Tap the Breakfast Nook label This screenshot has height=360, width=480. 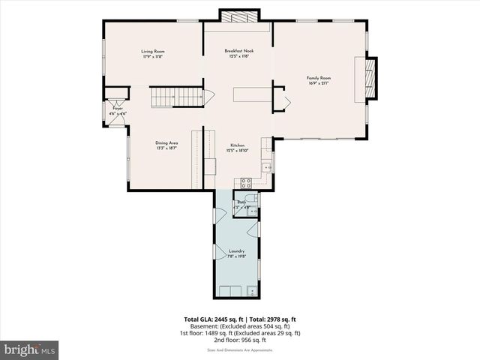click(x=239, y=51)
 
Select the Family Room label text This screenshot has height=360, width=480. click(x=318, y=77)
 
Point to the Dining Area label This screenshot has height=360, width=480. click(x=166, y=142)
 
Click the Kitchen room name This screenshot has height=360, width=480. click(x=238, y=145)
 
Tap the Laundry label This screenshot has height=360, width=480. click(x=236, y=251)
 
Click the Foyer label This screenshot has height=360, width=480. click(x=118, y=108)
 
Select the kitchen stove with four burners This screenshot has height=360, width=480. click(x=244, y=182)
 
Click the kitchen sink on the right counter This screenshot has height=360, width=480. click(x=265, y=166)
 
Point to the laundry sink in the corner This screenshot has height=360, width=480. click(x=252, y=290)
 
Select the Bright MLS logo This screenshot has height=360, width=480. click(x=30, y=349)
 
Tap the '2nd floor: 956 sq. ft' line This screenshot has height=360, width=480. click(x=240, y=340)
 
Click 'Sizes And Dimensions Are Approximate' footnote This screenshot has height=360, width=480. click(x=240, y=349)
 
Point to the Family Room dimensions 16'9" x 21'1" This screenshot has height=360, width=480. click(x=318, y=82)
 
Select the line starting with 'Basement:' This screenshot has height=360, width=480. click(x=240, y=326)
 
